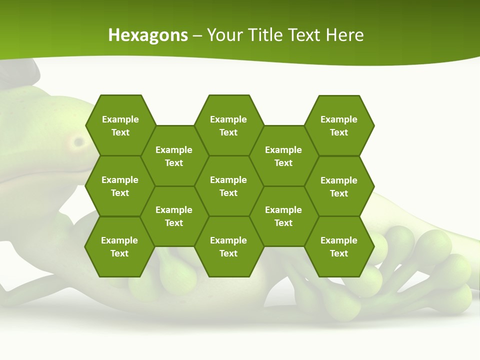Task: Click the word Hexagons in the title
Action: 148,35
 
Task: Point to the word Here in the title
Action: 344,35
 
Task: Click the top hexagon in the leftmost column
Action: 120,125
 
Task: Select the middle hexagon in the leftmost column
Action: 120,186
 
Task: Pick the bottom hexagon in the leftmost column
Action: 119,246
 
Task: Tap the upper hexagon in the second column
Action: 174,156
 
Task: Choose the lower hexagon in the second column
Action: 174,216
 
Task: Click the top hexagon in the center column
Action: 228,125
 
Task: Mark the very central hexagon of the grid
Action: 228,186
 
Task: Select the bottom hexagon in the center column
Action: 228,246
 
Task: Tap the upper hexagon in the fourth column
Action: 283,156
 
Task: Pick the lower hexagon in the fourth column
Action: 283,216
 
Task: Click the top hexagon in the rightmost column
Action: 339,125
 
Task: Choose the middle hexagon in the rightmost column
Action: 339,186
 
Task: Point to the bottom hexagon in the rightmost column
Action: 339,246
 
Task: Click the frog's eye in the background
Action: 78,142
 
